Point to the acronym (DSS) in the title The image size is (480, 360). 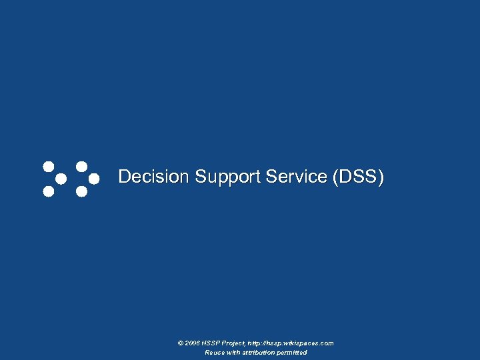[x=358, y=177]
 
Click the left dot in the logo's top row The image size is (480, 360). [x=48, y=166]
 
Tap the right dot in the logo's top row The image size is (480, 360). [x=81, y=166]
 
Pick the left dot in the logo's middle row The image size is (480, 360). [x=61, y=179]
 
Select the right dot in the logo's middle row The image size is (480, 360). [x=94, y=179]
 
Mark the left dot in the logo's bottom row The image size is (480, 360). [x=48, y=192]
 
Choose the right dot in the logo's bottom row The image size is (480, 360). [x=81, y=192]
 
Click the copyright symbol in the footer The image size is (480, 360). [x=181, y=343]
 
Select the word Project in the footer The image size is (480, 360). [x=233, y=343]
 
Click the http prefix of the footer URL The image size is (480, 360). [x=256, y=343]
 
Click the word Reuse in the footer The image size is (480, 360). [x=215, y=353]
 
